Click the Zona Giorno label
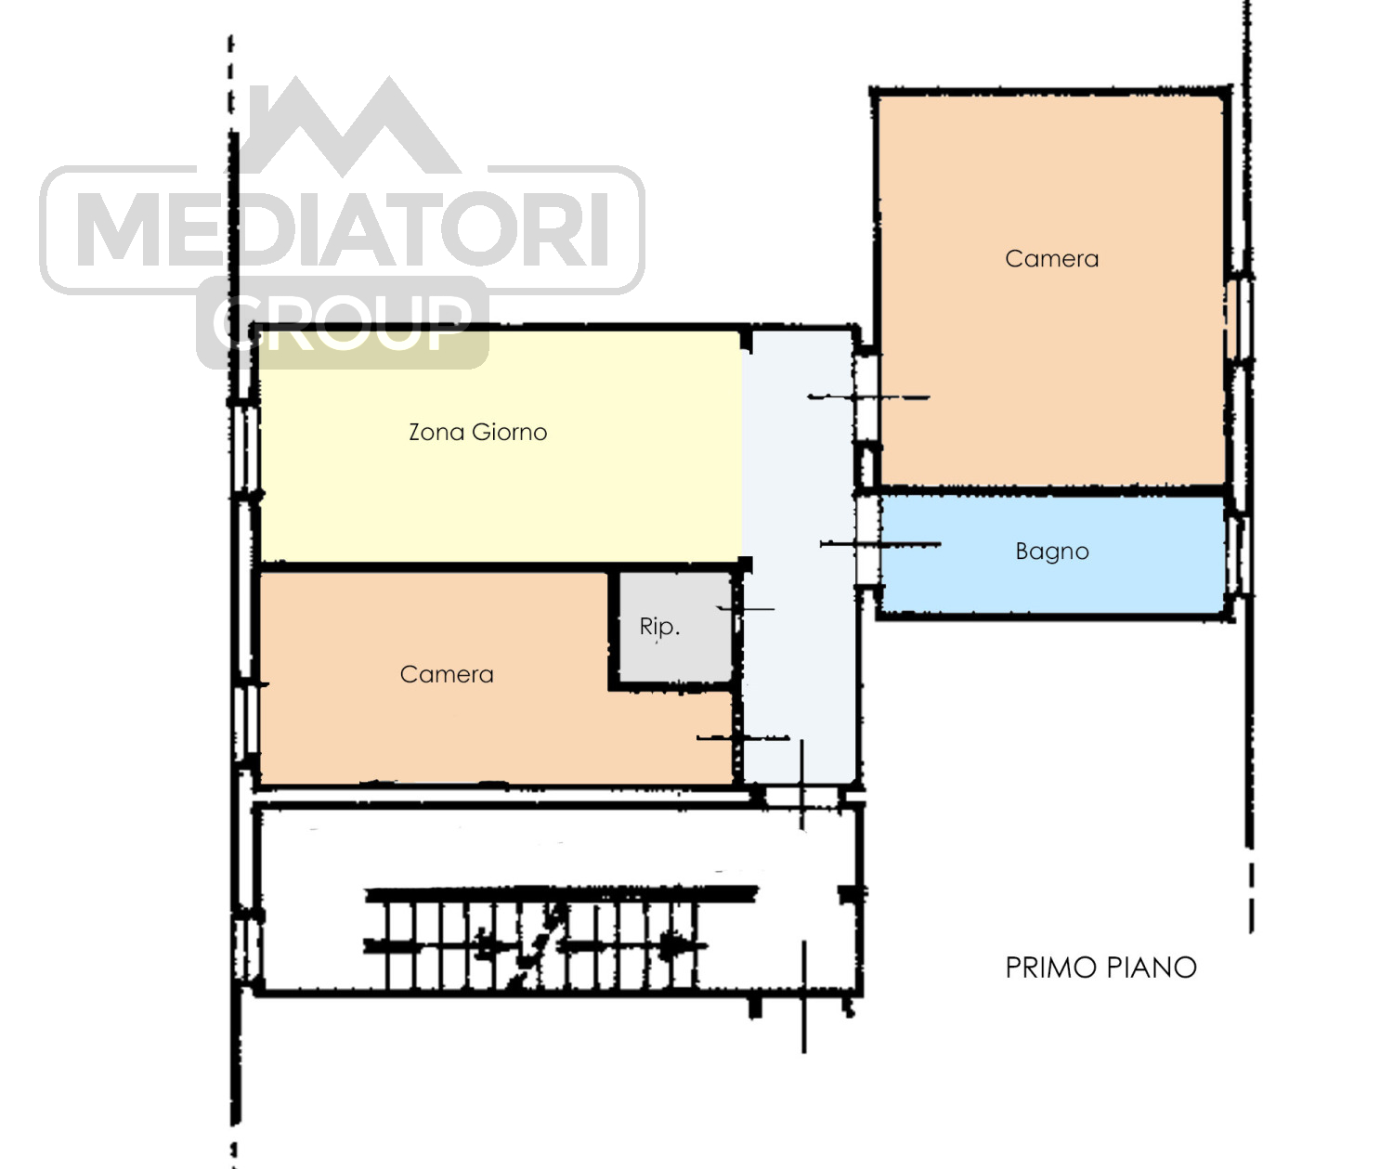pyautogui.click(x=477, y=433)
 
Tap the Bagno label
pyautogui.click(x=1052, y=552)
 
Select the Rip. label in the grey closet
pyautogui.click(x=659, y=627)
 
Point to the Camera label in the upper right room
pyautogui.click(x=1051, y=259)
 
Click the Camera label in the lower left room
pyautogui.click(x=447, y=675)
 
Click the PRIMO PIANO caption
pyautogui.click(x=1100, y=968)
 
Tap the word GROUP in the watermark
pyautogui.click(x=343, y=324)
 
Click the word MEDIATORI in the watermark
pyautogui.click(x=343, y=228)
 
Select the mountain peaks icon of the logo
pyautogui.click(x=349, y=127)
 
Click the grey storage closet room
pyautogui.click(x=676, y=627)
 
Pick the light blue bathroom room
pyautogui.click(x=1052, y=553)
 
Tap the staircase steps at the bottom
pyautogui.click(x=540, y=944)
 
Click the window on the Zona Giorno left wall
pyautogui.click(x=245, y=449)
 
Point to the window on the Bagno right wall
pyautogui.click(x=1238, y=555)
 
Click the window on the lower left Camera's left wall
pyautogui.click(x=246, y=720)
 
